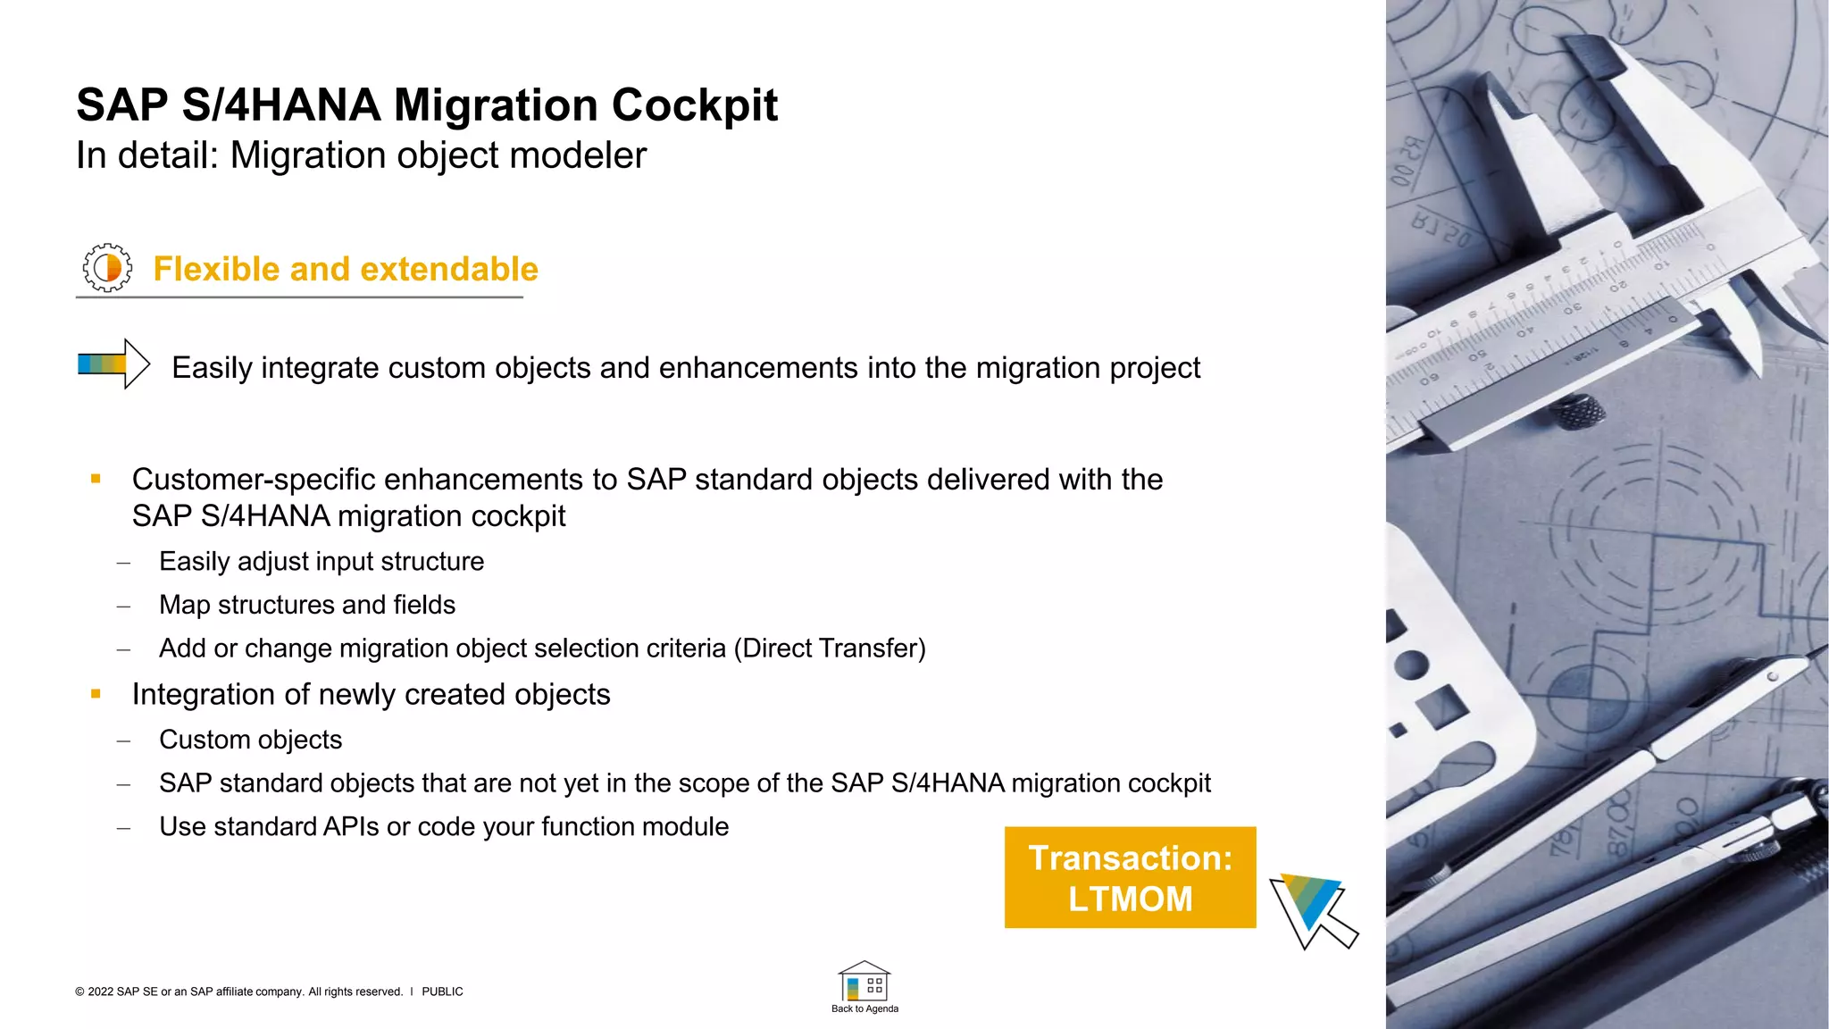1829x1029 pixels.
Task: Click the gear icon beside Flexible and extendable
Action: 107,268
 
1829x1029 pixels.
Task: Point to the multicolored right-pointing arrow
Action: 113,364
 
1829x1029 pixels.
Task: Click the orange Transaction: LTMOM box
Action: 1130,877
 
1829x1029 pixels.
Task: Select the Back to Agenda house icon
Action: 864,983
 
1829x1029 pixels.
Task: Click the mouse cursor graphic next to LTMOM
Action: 1311,909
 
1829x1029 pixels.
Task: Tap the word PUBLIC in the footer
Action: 442,991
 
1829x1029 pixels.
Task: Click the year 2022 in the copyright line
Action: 101,991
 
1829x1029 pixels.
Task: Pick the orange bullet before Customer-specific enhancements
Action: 96,480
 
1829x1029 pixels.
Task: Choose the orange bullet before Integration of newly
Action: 96,694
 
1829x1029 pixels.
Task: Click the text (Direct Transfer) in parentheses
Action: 829,648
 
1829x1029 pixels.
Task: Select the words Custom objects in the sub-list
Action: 250,740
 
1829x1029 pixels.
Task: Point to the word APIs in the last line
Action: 351,827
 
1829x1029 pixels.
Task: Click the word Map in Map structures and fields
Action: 185,606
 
